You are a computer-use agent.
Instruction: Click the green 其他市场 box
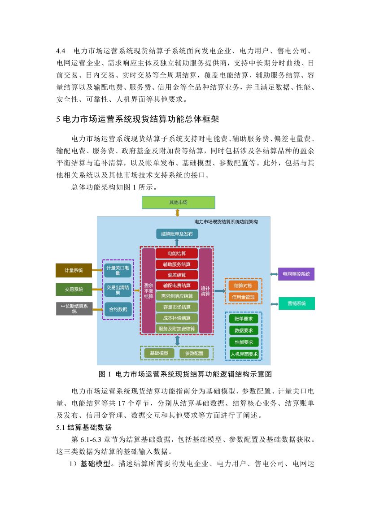coord(178,202)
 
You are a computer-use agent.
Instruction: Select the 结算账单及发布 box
coord(177,234)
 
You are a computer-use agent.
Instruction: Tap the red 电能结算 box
coord(177,253)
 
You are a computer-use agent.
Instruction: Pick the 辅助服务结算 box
coord(177,264)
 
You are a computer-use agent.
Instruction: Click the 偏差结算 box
coord(177,275)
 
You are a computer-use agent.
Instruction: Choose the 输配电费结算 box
coord(177,286)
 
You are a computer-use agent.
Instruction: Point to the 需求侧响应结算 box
coord(177,296)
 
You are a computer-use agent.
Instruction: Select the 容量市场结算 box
coord(177,307)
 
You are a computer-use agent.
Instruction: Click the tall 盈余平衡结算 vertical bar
coord(148,290)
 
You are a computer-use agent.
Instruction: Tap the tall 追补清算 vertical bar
coord(205,290)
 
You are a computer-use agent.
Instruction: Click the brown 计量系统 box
coord(74,270)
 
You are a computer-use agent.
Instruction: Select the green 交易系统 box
coord(74,289)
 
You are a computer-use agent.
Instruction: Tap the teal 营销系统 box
coord(296,303)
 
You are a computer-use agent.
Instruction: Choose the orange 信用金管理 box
coord(243,297)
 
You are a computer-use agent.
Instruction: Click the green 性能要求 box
coord(244,342)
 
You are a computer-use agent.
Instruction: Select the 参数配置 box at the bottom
coord(194,353)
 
